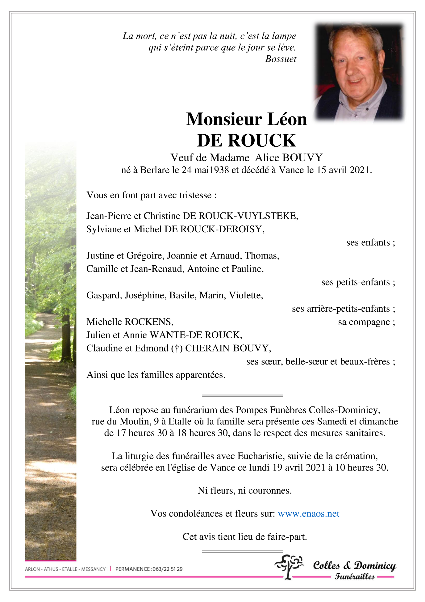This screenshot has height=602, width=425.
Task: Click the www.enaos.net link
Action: [x=308, y=513]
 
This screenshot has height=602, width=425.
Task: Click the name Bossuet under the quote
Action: [x=281, y=59]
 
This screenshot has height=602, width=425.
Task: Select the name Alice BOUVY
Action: [x=289, y=158]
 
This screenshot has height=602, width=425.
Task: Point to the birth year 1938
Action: [x=219, y=170]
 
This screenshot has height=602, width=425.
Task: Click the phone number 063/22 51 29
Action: [x=168, y=569]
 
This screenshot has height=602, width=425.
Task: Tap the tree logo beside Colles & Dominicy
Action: [x=289, y=566]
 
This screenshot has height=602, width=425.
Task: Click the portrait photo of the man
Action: [x=359, y=72]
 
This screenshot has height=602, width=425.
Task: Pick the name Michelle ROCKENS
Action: [x=130, y=322]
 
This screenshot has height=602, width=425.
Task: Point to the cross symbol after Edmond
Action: [x=177, y=348]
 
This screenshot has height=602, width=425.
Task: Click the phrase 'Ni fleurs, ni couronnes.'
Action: [x=245, y=490]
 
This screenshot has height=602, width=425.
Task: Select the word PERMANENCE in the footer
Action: [x=133, y=569]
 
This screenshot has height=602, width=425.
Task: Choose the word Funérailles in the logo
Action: [x=355, y=576]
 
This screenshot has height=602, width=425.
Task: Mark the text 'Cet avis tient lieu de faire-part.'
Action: [x=245, y=537]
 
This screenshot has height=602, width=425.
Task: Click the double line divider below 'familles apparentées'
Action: [x=243, y=395]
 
